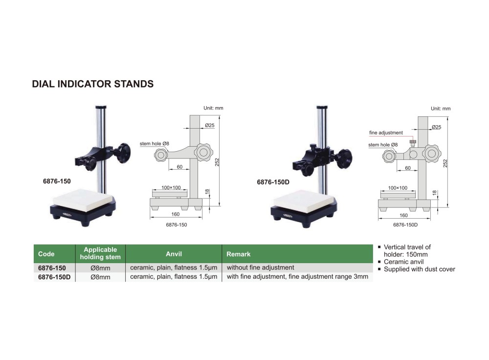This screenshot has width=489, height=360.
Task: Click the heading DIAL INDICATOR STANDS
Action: point(92,84)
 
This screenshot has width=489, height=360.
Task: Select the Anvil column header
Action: point(174,254)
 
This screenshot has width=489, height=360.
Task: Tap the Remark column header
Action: point(238,254)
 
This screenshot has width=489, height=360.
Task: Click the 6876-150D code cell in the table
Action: point(54,277)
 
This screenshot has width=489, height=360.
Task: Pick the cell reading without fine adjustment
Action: point(261,268)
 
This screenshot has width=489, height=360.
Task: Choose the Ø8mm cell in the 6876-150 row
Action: point(100,268)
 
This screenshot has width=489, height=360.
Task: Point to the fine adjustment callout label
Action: point(386,133)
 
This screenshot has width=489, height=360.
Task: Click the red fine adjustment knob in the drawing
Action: point(413,143)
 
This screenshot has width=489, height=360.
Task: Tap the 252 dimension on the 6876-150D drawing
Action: point(445,163)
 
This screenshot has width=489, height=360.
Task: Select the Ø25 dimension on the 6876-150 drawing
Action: point(210,125)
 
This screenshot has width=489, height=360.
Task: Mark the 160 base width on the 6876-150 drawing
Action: point(175,214)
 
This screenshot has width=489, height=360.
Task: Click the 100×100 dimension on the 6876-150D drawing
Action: point(398,188)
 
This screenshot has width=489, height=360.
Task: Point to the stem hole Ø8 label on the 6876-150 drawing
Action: point(155,143)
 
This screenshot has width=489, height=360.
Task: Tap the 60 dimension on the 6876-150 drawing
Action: point(179,167)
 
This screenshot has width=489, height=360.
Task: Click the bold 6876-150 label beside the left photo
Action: point(57,181)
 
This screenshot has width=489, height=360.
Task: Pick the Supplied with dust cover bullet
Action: point(420,269)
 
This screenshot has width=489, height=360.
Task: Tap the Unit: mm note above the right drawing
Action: point(441,109)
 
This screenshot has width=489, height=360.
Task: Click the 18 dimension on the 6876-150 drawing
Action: point(207,192)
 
